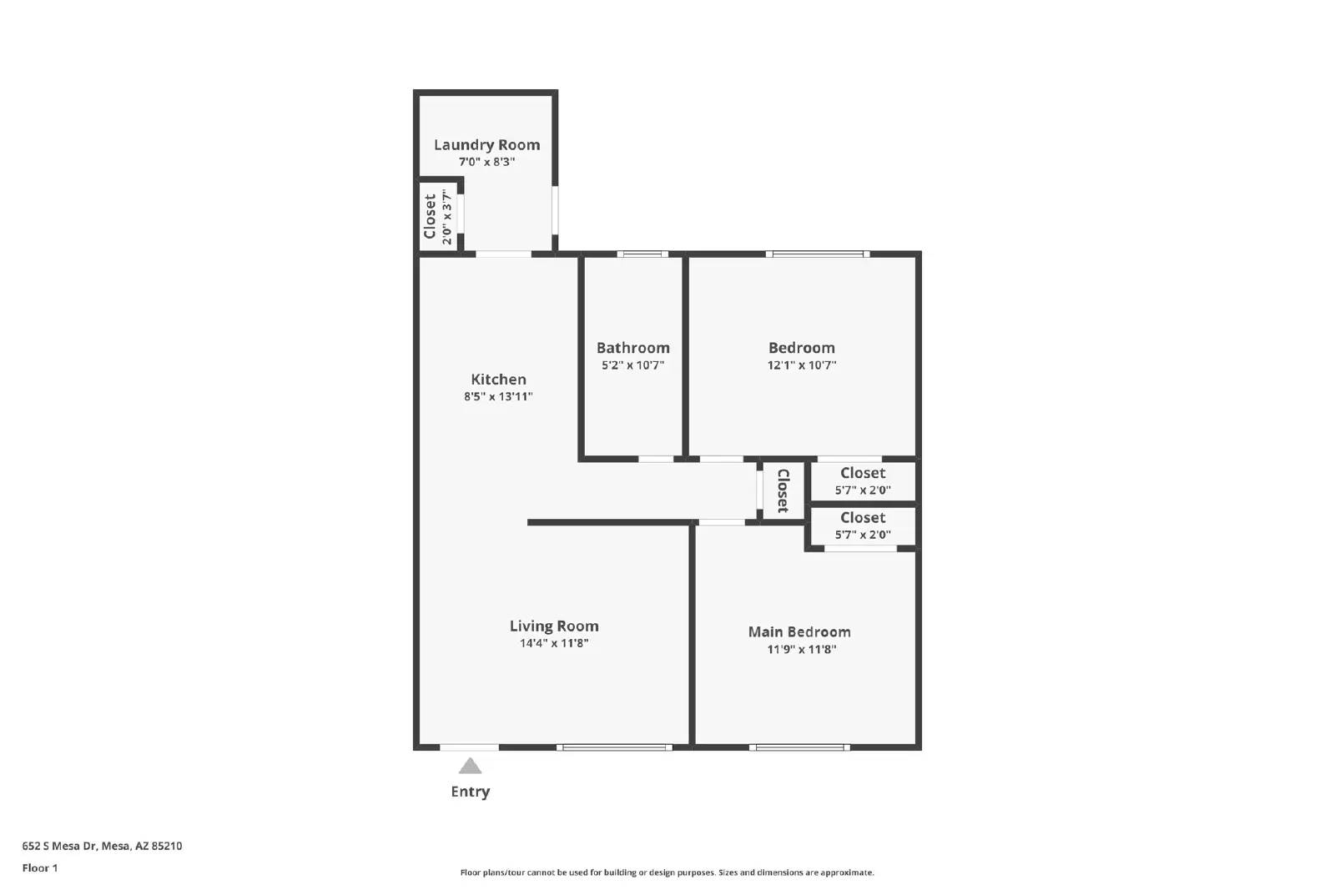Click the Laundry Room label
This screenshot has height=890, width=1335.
(486, 145)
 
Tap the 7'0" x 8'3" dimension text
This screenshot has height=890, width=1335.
(486, 162)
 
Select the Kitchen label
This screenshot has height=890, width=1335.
(498, 380)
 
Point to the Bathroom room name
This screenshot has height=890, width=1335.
(633, 348)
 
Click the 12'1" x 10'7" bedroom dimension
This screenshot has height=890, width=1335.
(802, 365)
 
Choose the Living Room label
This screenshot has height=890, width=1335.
(554, 626)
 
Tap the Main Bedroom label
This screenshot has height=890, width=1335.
(799, 631)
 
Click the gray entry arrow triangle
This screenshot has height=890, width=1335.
(470, 766)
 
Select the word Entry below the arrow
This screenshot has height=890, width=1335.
(471, 792)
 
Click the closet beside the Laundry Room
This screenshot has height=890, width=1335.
(439, 216)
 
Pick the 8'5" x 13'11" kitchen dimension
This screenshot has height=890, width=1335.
(498, 397)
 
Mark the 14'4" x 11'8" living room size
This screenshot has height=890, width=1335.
(554, 643)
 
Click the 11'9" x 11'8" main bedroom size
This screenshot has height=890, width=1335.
(802, 649)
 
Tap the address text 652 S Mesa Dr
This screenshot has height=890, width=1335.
(59, 846)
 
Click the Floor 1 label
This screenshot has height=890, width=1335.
(40, 868)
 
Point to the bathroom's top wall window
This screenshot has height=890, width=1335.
(642, 254)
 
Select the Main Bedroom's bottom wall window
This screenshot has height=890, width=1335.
(799, 747)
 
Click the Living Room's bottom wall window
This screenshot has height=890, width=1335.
(614, 747)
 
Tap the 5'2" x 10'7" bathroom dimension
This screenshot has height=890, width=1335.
(633, 365)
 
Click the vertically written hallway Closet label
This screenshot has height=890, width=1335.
(783, 490)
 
